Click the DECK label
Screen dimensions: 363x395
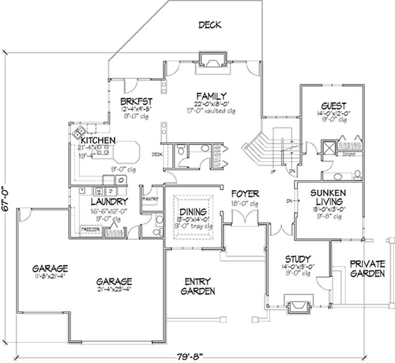210,25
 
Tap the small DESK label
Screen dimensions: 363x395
158,154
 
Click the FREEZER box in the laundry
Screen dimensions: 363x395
91,230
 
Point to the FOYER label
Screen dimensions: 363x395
241,194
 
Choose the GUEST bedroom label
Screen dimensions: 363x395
333,106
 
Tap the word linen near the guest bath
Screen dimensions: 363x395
349,155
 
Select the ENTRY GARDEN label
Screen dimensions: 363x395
197,286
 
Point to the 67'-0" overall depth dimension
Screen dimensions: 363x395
5,198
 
